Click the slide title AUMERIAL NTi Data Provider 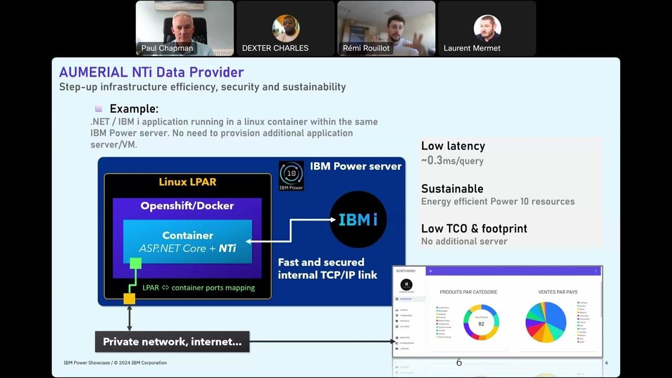click(151, 72)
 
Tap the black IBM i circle click(358, 219)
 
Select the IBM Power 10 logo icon click(291, 175)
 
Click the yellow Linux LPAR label click(187, 182)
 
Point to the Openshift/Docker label click(187, 206)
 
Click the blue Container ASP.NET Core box click(187, 241)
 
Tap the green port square click(135, 263)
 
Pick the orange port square click(129, 299)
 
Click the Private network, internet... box click(172, 342)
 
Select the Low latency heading click(453, 146)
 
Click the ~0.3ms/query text click(452, 161)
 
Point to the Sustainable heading click(452, 188)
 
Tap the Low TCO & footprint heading click(474, 228)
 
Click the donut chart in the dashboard click(481, 322)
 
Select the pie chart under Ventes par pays click(546, 322)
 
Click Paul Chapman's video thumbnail click(184, 28)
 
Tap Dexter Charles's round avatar click(286, 28)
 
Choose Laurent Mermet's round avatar click(487, 28)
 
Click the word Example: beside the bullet click(134, 109)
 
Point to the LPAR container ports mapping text click(199, 288)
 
